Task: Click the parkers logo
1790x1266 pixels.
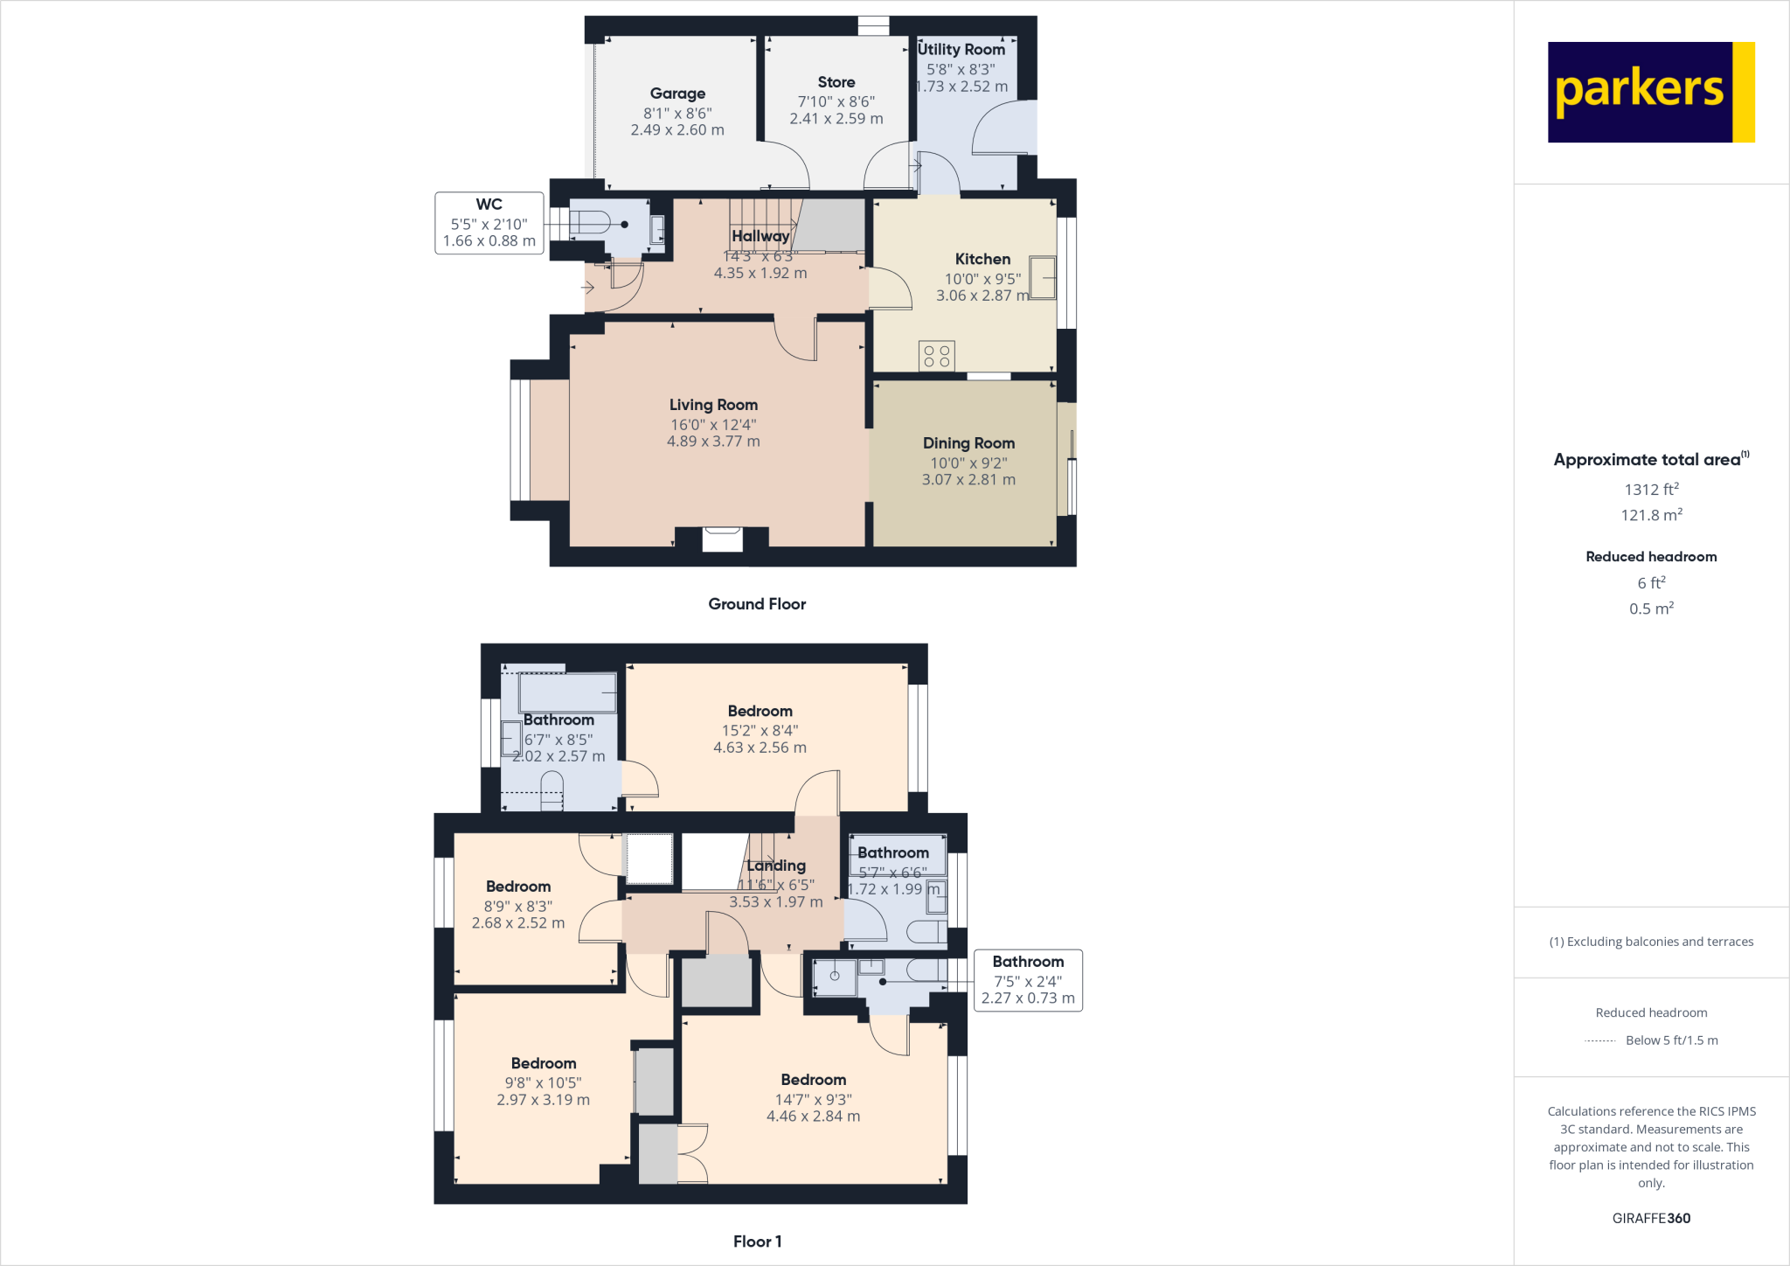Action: pos(1650,92)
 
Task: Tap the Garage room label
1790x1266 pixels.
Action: pos(677,94)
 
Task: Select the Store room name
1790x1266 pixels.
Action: pos(836,82)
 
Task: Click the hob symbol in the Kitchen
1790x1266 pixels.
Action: pos(936,356)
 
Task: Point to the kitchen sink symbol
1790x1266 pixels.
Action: pos(1043,277)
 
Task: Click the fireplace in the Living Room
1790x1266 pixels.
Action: pos(722,539)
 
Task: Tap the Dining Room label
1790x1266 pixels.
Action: pos(968,443)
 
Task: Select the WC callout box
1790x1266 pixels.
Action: pos(489,223)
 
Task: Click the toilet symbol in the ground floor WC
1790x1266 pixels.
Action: pos(590,222)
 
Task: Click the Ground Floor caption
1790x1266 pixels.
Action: pos(757,604)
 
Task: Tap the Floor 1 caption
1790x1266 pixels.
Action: pos(757,1242)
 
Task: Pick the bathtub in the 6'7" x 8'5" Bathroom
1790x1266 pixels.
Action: pos(567,692)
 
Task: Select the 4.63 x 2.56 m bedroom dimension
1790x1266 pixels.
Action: pos(760,748)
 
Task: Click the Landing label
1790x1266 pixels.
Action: pos(775,866)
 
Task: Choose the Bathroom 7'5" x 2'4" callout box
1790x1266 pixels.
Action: pos(1028,980)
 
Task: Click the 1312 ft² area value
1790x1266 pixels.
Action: pos(1651,490)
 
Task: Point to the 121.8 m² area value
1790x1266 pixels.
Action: pos(1651,515)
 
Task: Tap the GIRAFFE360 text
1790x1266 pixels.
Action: pos(1651,1218)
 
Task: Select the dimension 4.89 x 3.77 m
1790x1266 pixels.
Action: pos(713,442)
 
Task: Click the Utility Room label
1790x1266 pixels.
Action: pos(961,50)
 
